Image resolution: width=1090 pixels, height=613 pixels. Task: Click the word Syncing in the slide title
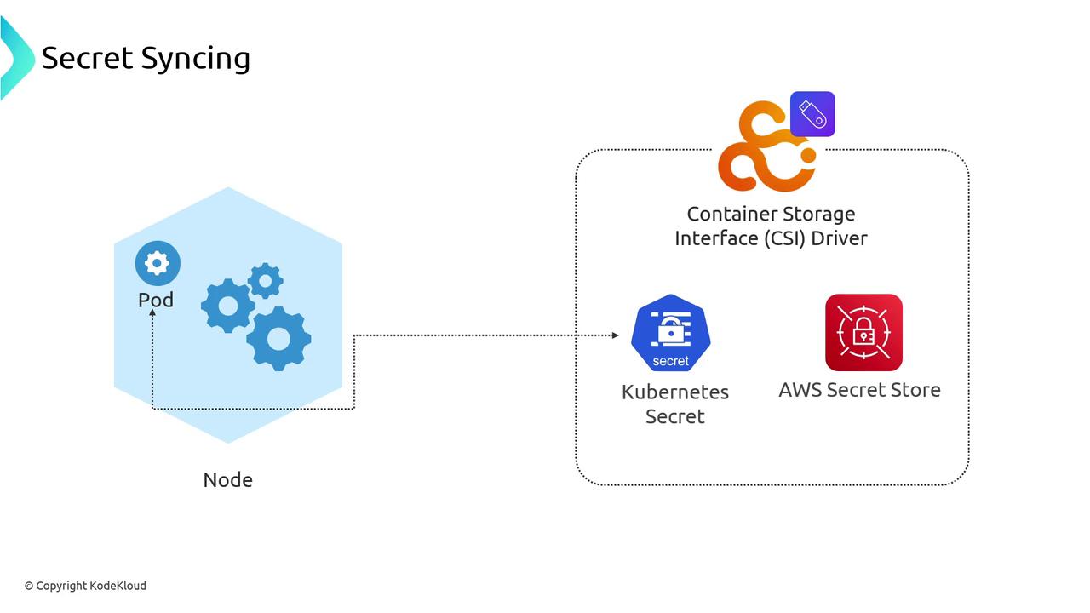click(195, 59)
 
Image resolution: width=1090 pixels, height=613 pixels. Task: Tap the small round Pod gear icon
click(158, 263)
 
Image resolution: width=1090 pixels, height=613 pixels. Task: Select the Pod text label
click(156, 300)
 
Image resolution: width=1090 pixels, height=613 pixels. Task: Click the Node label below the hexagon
click(227, 480)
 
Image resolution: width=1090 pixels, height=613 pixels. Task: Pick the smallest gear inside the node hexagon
click(266, 280)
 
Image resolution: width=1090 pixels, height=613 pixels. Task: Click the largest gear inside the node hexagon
click(278, 339)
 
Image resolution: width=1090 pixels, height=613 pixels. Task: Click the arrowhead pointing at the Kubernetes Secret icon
click(615, 335)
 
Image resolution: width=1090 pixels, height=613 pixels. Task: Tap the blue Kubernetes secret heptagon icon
click(671, 333)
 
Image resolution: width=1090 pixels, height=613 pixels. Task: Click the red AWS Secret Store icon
click(863, 333)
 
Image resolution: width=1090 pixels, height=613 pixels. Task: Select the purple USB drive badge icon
click(812, 114)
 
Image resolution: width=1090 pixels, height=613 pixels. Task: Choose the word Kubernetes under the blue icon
click(675, 392)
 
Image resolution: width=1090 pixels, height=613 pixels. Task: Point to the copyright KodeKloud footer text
click(85, 586)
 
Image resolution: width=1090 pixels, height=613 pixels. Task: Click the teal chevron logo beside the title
click(15, 58)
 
